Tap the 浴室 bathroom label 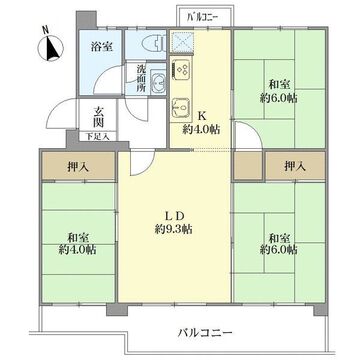(x=101, y=47)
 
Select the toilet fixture (x=153, y=44)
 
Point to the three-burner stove (x=180, y=69)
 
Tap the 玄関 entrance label (x=97, y=116)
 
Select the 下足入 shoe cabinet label (x=97, y=136)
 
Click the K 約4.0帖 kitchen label (x=201, y=123)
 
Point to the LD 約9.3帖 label (x=174, y=223)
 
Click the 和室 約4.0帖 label (x=78, y=244)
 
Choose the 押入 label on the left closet (x=78, y=167)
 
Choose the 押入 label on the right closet (x=295, y=166)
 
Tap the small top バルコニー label (x=203, y=17)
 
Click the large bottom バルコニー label (x=205, y=333)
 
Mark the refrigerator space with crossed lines (x=180, y=42)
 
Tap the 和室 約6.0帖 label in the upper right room (x=279, y=91)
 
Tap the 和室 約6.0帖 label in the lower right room (x=279, y=244)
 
